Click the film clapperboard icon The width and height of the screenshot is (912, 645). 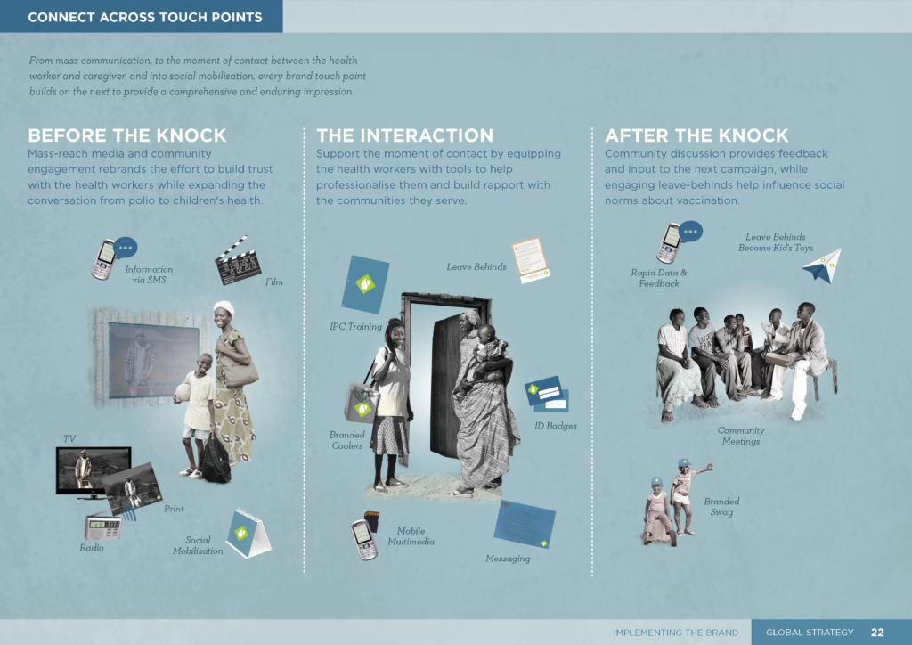coord(237,262)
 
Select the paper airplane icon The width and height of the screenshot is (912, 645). coord(822,266)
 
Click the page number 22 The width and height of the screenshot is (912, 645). coord(877,633)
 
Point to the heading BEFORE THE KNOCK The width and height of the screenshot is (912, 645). coord(126,135)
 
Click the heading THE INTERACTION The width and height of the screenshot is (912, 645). coord(405,135)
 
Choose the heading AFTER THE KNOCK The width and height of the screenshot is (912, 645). coord(696,135)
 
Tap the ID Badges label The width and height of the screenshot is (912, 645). coord(556,426)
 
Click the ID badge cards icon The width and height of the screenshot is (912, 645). coord(547,394)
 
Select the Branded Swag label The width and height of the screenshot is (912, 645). coord(721,507)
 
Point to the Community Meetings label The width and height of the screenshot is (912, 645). coord(740,436)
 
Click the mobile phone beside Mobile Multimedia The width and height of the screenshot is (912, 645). coord(364,540)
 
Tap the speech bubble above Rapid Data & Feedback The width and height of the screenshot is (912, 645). coord(690,232)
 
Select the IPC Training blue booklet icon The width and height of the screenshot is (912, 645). coord(365,284)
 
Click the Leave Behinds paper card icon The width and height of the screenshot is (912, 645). coord(531,260)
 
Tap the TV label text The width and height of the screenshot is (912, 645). coord(69,438)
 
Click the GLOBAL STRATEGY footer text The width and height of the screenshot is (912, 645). coord(810,633)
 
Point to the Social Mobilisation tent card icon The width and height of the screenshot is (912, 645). coord(248,534)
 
